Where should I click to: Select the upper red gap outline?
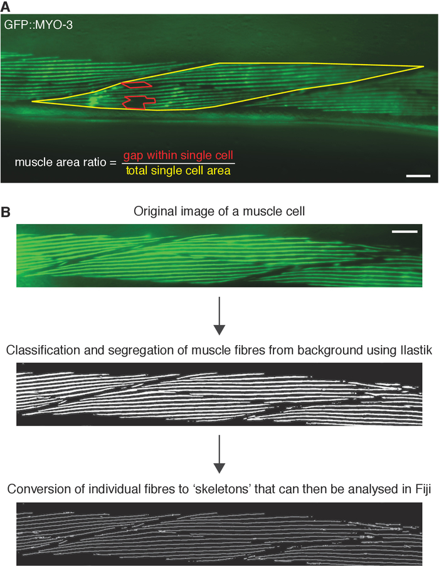[x=136, y=84]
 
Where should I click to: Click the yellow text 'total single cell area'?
[x=178, y=170]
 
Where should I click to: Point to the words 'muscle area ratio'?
[x=57, y=163]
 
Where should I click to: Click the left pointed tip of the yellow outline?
[x=32, y=101]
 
